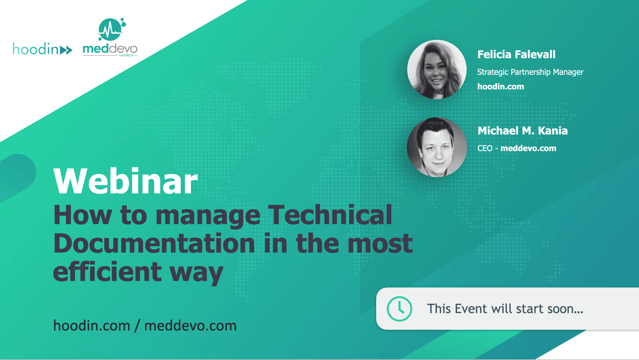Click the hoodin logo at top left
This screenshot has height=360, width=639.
tap(42, 49)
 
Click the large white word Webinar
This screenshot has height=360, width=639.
tap(125, 181)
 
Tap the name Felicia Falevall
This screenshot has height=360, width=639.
tap(516, 55)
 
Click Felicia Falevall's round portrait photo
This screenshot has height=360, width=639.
tap(437, 69)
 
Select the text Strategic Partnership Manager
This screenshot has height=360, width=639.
tap(530, 72)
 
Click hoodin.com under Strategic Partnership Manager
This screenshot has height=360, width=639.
tap(500, 87)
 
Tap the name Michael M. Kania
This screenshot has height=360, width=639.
tap(523, 131)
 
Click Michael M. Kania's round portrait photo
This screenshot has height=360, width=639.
tap(437, 147)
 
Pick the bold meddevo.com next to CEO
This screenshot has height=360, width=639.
tap(528, 148)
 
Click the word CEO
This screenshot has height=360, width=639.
tap(485, 148)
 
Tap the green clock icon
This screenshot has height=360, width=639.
tap(399, 309)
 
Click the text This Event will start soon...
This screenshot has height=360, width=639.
tap(505, 309)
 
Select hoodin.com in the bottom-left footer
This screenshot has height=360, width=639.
tap(92, 326)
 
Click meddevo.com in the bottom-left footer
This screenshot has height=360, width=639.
tap(190, 326)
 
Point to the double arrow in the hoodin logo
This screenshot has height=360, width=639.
tap(66, 50)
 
